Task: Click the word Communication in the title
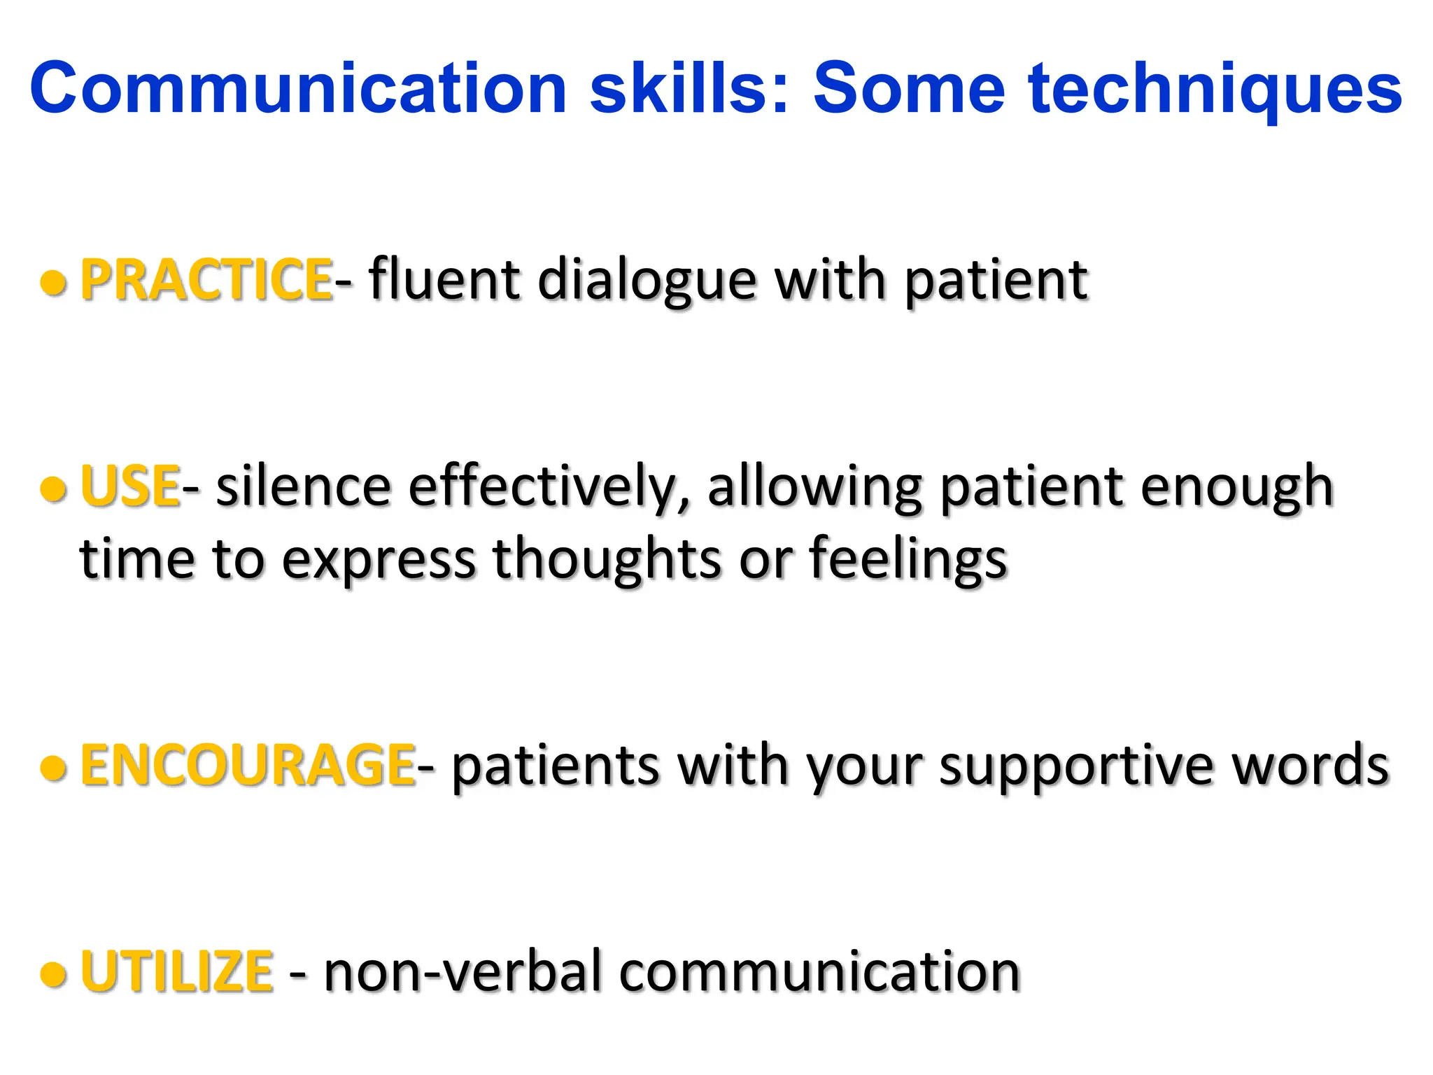297,89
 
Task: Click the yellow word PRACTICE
206,280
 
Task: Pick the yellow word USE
130,486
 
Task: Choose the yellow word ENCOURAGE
248,765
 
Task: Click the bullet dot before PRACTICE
54,283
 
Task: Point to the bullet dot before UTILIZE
54,974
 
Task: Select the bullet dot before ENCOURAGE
54,768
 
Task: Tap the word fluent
444,280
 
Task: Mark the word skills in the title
689,89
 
